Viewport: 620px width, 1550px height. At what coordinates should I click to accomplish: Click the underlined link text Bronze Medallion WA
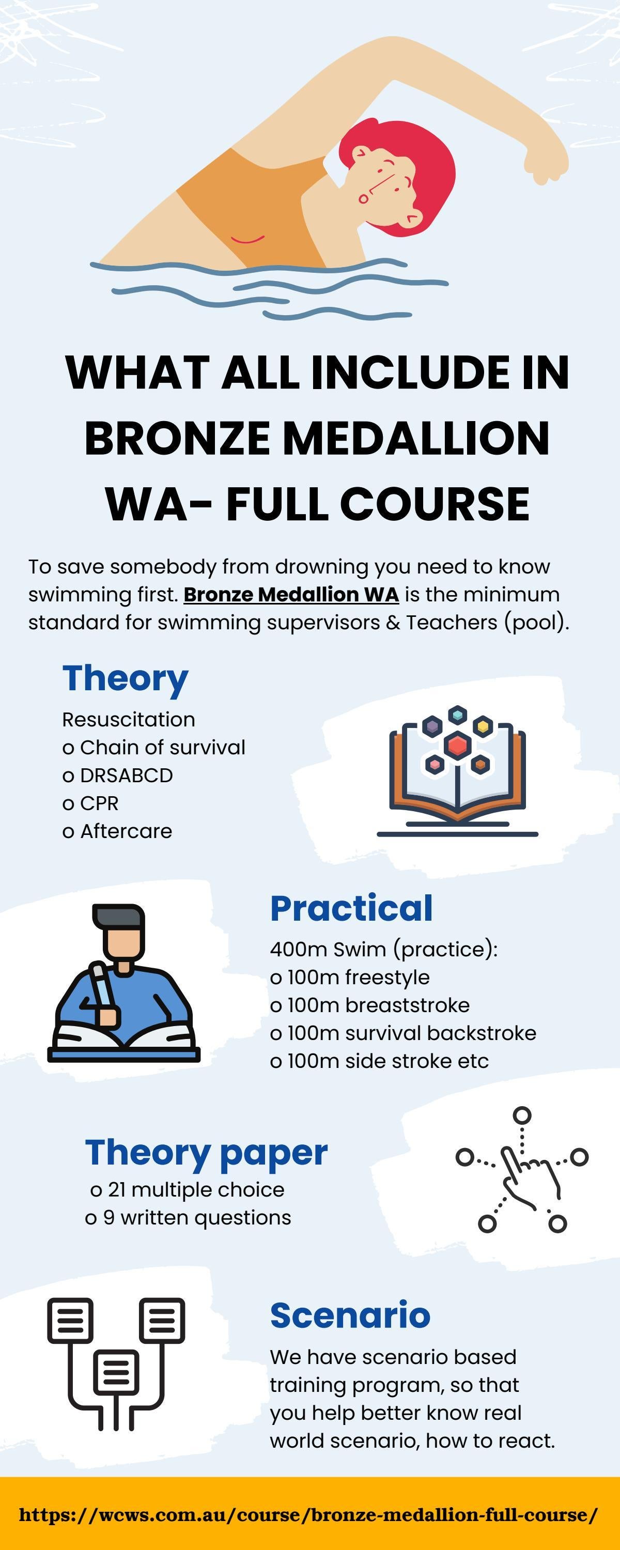point(291,595)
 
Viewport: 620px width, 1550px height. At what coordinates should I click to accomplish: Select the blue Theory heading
point(125,679)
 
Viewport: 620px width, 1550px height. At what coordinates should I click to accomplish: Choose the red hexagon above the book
point(457,746)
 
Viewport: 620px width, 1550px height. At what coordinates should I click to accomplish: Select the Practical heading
point(351,909)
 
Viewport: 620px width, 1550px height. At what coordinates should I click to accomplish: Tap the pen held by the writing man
point(102,987)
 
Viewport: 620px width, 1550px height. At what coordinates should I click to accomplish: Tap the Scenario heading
point(350,1315)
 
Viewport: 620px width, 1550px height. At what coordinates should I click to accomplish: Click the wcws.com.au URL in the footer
point(308,1514)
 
